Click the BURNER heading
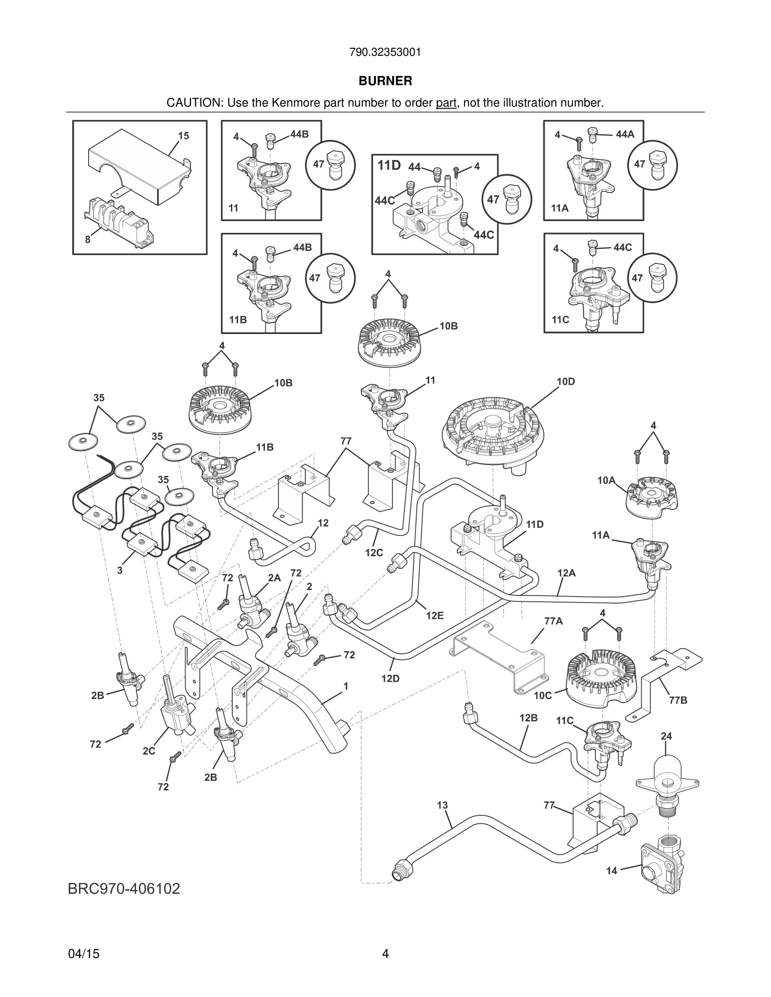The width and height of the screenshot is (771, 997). point(385,81)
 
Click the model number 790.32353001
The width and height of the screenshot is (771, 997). point(385,52)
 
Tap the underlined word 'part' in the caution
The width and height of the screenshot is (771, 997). point(446,103)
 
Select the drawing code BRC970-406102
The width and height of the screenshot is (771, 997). point(124,889)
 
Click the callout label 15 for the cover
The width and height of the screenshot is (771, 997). point(183,136)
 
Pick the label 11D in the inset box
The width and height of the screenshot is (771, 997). point(389,165)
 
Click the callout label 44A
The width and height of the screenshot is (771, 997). point(625,134)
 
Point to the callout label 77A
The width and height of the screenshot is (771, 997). point(553,621)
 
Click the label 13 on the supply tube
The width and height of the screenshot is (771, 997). point(442,805)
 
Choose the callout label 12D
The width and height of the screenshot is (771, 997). point(391,679)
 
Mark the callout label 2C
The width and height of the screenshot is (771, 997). point(149,751)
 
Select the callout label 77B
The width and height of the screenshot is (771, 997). point(678,700)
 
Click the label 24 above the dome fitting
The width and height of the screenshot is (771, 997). point(666,736)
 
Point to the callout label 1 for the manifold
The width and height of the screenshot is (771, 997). point(346,686)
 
